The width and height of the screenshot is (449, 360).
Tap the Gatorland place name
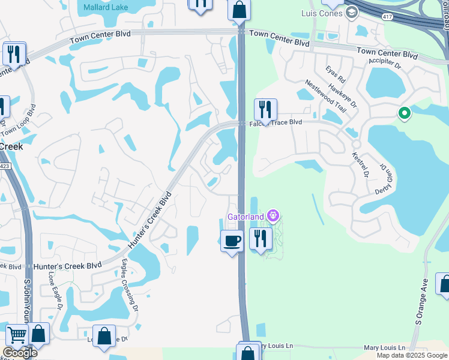point(246,216)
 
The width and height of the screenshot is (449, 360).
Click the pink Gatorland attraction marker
point(273,215)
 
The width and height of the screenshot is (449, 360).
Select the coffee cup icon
point(232,241)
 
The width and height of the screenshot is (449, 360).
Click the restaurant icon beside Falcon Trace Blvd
point(265,110)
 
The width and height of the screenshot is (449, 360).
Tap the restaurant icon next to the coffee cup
point(261,239)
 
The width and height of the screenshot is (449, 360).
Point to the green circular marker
point(405,113)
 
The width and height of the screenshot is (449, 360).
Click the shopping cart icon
point(17,335)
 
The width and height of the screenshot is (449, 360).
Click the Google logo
point(20,353)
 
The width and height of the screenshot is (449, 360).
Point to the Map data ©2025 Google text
point(412,355)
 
